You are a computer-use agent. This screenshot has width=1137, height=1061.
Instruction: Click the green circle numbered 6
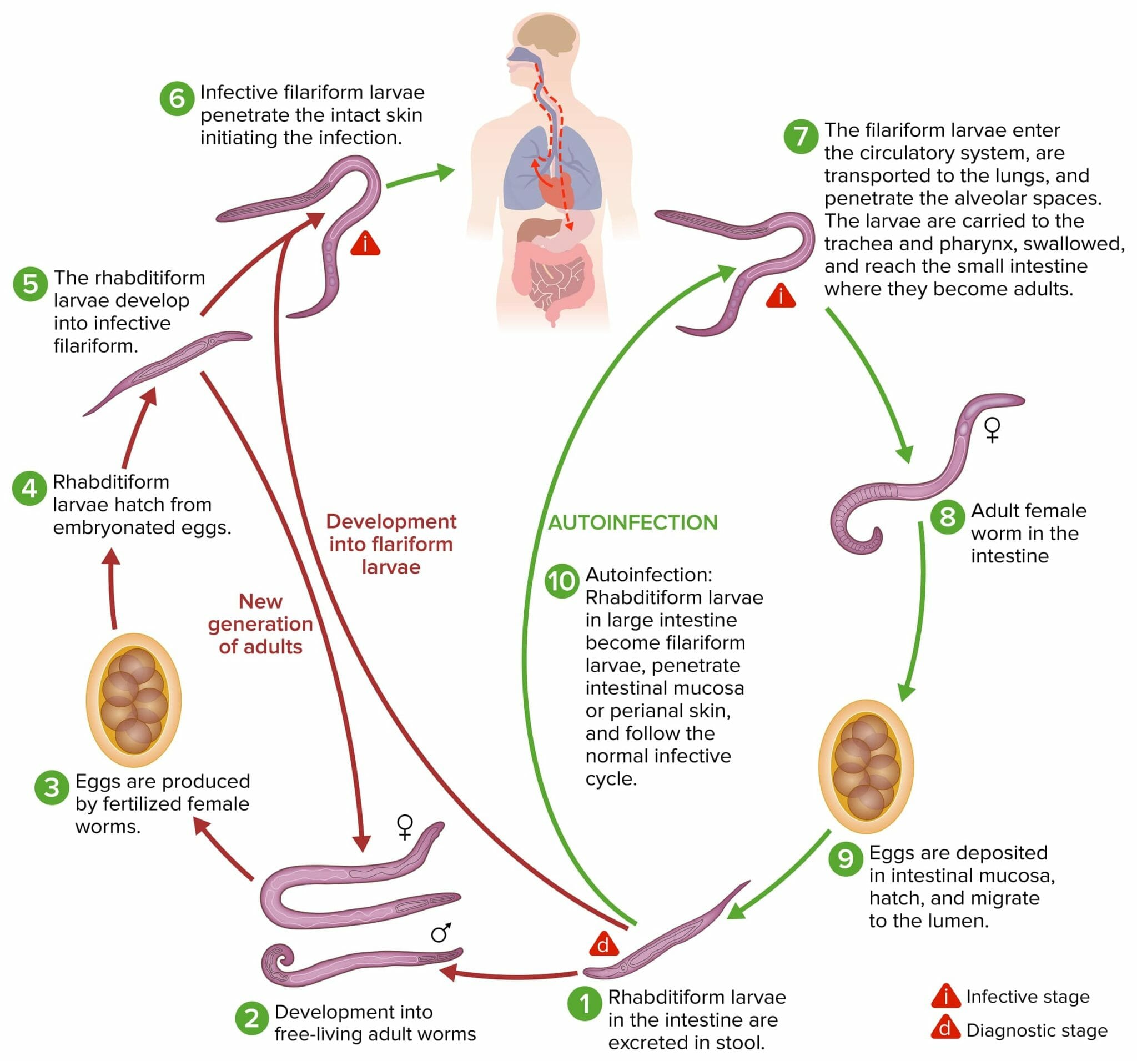(177, 98)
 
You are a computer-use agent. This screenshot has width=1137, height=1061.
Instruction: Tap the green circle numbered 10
(562, 581)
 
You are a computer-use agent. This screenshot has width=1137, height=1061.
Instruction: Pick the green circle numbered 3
(52, 788)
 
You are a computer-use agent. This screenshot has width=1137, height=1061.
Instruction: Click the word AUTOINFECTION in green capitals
(632, 522)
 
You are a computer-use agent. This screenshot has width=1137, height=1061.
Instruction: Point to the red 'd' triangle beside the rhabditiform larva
(603, 944)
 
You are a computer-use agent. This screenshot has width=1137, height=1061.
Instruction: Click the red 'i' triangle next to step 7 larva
(780, 296)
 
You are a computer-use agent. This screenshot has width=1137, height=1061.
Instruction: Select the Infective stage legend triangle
(945, 997)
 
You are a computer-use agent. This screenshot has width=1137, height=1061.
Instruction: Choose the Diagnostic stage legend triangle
(945, 1029)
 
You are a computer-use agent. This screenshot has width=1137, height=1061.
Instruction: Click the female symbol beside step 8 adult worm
(992, 430)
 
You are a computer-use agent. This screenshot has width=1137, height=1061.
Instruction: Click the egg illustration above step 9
(866, 765)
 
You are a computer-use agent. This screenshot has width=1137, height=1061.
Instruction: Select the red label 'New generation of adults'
(260, 623)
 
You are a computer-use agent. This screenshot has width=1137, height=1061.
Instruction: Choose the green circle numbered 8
(948, 516)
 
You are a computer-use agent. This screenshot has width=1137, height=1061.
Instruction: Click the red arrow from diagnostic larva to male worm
(509, 974)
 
